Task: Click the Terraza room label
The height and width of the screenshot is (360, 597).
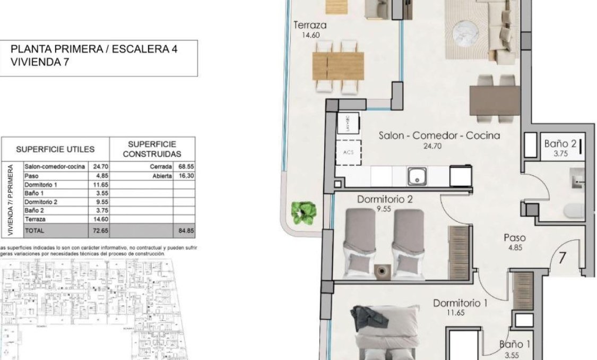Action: pyautogui.click(x=309, y=25)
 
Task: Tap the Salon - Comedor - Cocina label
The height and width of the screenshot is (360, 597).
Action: pyautogui.click(x=439, y=135)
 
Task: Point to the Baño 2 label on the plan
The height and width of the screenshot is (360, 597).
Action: pyautogui.click(x=560, y=144)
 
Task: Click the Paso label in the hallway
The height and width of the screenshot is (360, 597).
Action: pyautogui.click(x=514, y=238)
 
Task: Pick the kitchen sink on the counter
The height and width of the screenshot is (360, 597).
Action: pyautogui.click(x=417, y=176)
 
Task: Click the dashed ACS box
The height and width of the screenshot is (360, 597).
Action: pyautogui.click(x=349, y=151)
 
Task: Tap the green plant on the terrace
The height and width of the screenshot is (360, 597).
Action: pyautogui.click(x=302, y=212)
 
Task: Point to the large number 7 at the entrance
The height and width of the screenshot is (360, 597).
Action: pyautogui.click(x=563, y=259)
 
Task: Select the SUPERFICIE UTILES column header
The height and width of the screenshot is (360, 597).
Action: pyautogui.click(x=55, y=150)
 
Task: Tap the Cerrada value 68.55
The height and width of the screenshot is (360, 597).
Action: pyautogui.click(x=184, y=167)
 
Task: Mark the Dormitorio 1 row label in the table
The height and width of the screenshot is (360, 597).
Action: pyautogui.click(x=41, y=184)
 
